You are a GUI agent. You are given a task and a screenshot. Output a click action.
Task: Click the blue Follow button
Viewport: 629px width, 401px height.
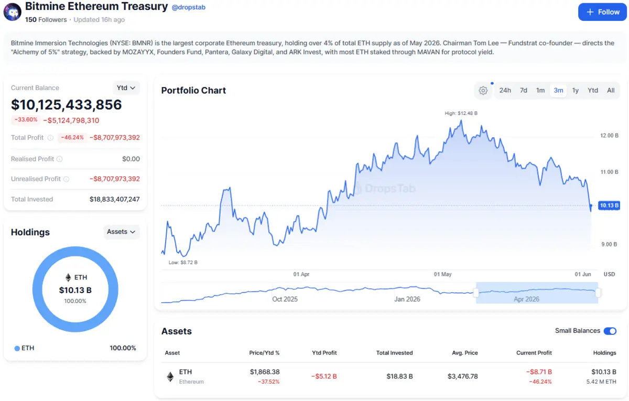tap(602, 12)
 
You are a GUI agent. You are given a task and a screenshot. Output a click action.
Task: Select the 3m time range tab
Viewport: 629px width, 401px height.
tap(558, 90)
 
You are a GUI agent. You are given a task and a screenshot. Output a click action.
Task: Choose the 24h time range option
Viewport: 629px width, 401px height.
tap(505, 90)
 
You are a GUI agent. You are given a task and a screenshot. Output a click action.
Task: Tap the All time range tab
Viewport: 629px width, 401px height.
tap(611, 90)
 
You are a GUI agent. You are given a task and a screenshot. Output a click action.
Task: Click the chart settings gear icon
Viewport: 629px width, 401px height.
tap(483, 91)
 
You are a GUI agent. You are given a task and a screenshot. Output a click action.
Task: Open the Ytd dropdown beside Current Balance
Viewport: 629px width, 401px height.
tap(126, 88)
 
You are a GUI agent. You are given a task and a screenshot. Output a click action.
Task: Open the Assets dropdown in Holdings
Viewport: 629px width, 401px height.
tap(121, 232)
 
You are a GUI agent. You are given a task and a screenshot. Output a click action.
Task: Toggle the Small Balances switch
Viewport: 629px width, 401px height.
tap(610, 331)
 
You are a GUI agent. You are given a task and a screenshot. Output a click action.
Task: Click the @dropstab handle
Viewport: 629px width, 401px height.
tap(188, 7)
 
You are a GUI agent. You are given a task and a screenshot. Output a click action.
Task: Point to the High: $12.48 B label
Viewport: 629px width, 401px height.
tap(461, 113)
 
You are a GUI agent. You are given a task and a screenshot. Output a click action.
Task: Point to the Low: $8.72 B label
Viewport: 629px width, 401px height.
tap(183, 263)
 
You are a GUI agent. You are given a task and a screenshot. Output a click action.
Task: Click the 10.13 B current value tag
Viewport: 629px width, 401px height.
tap(609, 205)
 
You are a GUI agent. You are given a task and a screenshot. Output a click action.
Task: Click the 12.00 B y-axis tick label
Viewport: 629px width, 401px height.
tap(609, 136)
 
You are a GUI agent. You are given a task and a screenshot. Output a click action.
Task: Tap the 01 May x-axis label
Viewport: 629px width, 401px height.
tap(442, 274)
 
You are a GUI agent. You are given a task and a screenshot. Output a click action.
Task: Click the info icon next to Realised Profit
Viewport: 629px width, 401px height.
tap(60, 159)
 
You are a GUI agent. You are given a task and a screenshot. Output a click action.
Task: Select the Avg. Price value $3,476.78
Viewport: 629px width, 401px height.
tap(462, 376)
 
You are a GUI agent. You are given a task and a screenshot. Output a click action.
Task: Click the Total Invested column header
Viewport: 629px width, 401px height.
tap(394, 353)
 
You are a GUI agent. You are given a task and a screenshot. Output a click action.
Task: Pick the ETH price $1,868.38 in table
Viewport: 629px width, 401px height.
tap(265, 372)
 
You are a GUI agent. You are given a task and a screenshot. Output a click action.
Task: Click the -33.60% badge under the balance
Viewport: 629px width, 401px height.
tap(26, 120)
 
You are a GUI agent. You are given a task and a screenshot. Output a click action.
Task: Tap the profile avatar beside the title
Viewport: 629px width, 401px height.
tap(13, 12)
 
